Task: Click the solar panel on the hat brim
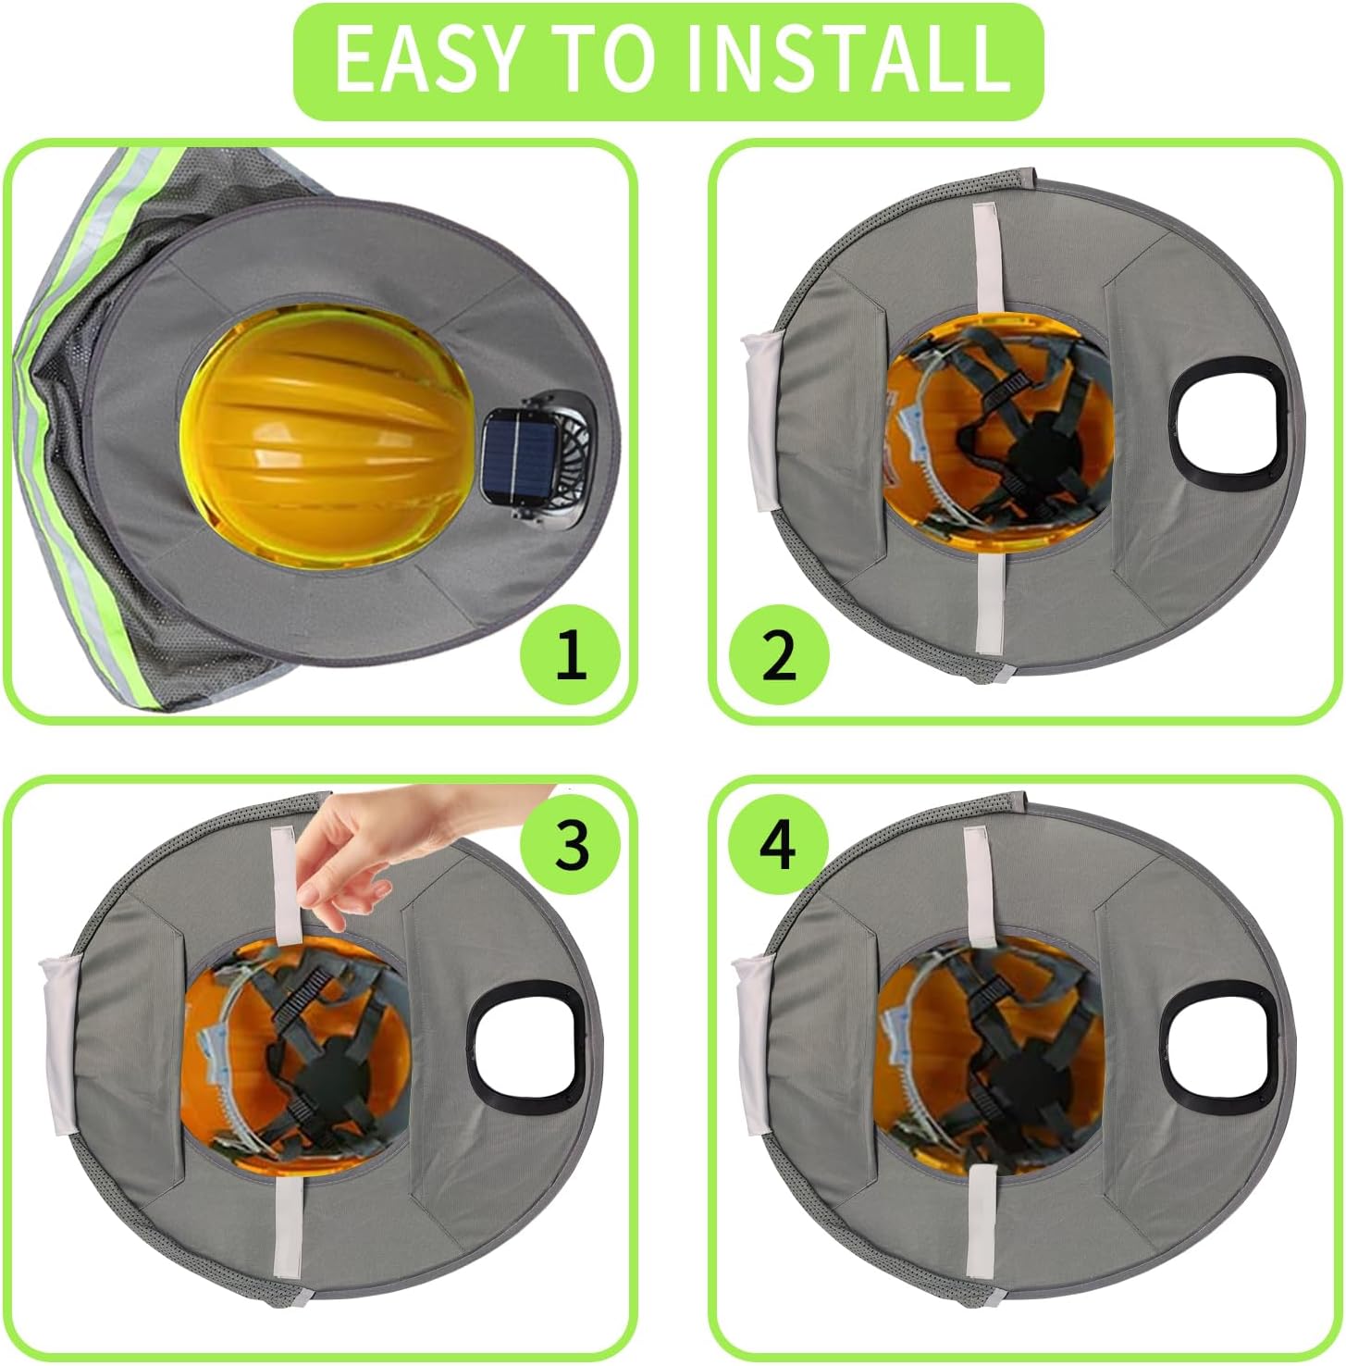tap(521, 448)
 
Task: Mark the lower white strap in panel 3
tap(286, 1231)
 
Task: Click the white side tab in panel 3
tap(62, 1044)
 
